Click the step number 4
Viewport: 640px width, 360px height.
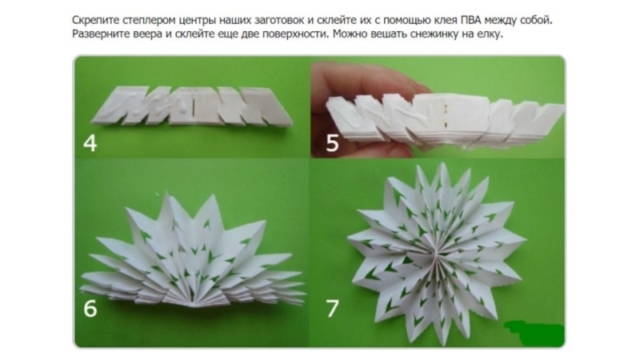(x=90, y=143)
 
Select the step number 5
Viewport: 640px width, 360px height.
(x=332, y=143)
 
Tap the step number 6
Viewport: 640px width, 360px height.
(x=90, y=308)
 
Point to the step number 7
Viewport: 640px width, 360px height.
(x=332, y=309)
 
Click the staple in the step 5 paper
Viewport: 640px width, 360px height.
(x=446, y=114)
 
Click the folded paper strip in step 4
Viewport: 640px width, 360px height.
(x=192, y=106)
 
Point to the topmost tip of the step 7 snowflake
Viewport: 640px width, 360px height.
(x=442, y=164)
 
